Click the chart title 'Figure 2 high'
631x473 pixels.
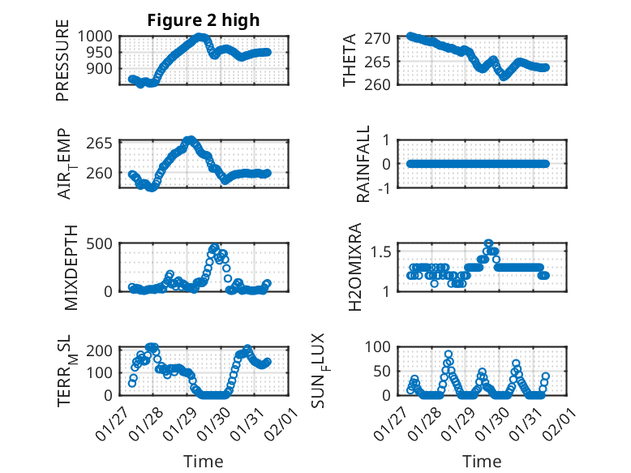pos(204,20)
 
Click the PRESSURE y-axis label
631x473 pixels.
pos(62,66)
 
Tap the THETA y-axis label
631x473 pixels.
pos(350,61)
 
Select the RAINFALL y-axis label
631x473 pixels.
pos(364,164)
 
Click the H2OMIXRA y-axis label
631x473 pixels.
pos(354,268)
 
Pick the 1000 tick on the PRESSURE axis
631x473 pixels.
pos(99,37)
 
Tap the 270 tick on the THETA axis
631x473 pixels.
pos(383,38)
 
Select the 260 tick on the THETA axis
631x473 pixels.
pos(383,84)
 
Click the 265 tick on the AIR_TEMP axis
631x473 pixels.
pos(103,144)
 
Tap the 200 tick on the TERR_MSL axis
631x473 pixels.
pos(103,350)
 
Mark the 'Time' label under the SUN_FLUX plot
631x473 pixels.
pos(482,461)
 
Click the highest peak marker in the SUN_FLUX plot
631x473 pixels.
pos(449,355)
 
